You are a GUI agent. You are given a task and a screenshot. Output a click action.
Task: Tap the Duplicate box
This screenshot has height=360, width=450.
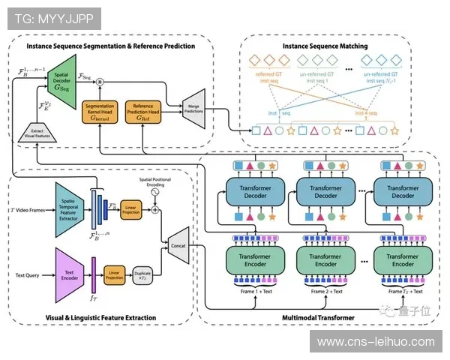tap(142, 274)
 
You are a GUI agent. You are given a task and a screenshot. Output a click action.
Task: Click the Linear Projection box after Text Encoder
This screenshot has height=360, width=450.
tap(115, 274)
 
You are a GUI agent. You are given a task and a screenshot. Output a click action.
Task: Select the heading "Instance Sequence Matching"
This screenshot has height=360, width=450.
tap(325, 46)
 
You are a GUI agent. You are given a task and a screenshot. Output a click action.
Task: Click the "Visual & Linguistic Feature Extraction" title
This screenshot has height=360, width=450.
tap(100, 318)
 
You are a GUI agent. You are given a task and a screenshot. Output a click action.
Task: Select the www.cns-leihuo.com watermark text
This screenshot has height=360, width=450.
tap(376, 342)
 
